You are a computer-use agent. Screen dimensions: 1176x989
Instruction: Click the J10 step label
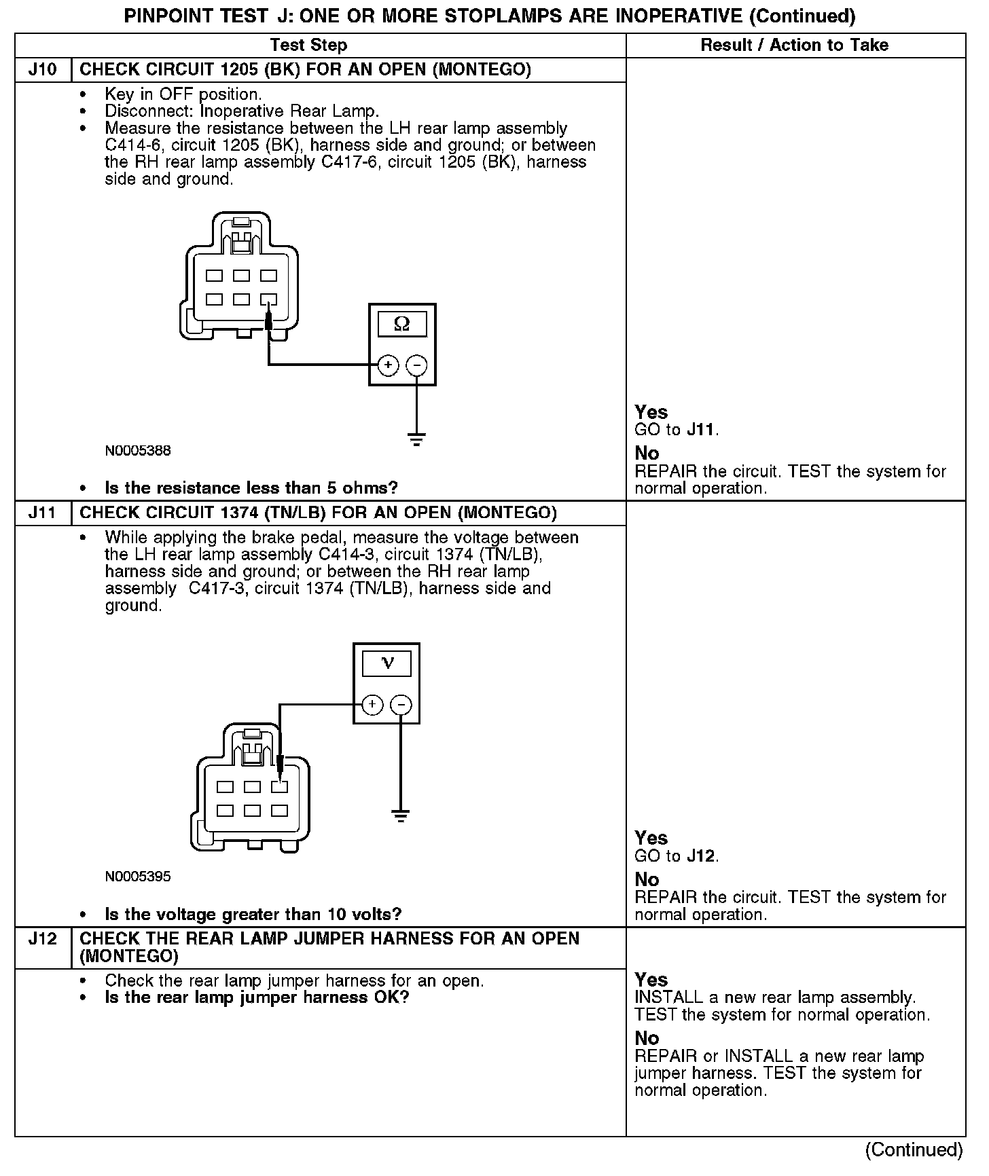42,70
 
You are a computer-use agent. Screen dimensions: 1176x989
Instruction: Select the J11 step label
42,513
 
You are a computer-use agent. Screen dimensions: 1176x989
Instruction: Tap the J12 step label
42,939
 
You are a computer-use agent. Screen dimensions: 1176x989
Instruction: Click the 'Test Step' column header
308,45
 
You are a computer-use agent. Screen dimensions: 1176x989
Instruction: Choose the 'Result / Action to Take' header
794,45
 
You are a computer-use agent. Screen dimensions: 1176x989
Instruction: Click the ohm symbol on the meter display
402,324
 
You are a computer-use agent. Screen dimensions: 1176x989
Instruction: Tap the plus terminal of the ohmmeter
388,365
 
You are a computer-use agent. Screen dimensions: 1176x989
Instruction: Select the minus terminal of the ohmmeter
416,365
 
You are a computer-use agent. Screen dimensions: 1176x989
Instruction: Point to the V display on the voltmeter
387,663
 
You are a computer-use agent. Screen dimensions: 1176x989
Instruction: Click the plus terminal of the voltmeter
372,705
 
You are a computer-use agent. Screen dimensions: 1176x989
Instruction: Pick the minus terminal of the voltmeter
401,705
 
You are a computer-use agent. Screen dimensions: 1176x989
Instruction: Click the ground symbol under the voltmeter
401,815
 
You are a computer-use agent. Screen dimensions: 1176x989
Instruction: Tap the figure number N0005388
138,451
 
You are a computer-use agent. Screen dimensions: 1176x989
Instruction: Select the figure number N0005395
138,877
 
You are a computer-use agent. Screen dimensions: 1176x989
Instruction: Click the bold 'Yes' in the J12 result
651,980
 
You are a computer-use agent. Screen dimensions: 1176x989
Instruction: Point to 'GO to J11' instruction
676,430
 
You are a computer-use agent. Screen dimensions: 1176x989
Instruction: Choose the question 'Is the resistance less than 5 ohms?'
251,488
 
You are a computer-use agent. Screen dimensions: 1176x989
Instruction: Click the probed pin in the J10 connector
269,299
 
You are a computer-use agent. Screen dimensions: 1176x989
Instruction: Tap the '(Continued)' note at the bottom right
914,1150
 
